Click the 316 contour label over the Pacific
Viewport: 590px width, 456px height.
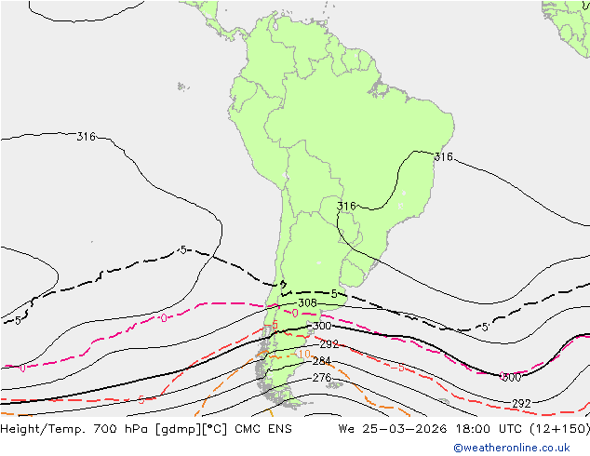click(x=86, y=137)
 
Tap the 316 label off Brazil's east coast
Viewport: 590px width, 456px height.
click(x=444, y=157)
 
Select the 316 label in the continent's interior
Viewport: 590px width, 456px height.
click(x=346, y=207)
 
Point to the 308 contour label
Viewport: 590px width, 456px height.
click(x=307, y=303)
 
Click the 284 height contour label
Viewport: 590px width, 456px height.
click(x=321, y=361)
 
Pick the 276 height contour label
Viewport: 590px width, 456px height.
click(x=321, y=378)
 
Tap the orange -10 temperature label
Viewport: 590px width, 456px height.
click(x=302, y=354)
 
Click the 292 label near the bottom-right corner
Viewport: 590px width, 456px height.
click(x=521, y=403)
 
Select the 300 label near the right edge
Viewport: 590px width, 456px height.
click(x=510, y=377)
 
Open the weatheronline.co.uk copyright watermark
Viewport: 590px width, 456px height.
click(x=517, y=448)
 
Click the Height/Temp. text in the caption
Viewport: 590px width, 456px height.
click(x=43, y=430)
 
